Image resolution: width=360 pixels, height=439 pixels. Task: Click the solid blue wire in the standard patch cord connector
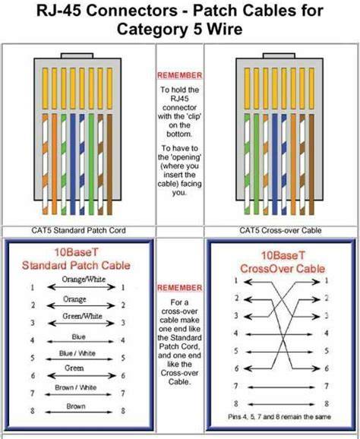[x=73, y=164]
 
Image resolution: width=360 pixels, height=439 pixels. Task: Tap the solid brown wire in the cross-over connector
[x=311, y=164]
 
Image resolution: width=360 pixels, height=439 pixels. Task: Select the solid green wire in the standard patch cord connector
[x=91, y=164]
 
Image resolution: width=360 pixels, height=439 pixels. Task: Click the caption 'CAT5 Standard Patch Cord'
[x=78, y=230]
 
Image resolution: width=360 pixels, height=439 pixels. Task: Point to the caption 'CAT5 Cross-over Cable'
[x=280, y=230]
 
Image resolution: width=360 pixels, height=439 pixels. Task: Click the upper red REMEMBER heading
[x=179, y=75]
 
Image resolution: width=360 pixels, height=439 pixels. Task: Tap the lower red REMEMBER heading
[x=179, y=288]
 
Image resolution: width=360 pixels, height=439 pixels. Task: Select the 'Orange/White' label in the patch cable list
[x=84, y=280]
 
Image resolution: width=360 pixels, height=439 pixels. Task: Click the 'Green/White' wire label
[x=82, y=316]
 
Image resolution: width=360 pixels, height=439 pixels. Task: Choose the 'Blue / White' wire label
[x=77, y=353]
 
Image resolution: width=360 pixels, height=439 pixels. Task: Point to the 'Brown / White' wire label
[x=76, y=387]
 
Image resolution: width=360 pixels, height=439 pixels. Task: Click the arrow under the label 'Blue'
[x=80, y=342]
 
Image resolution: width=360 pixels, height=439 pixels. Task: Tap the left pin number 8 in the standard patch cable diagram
[x=33, y=411]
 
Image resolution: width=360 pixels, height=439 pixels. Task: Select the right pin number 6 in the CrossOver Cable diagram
[x=327, y=368]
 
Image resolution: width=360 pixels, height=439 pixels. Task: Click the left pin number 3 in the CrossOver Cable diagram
[x=236, y=316]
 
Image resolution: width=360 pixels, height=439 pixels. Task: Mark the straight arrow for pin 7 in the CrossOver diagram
[x=281, y=387]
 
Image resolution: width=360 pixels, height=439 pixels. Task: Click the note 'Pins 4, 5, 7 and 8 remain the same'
[x=279, y=417]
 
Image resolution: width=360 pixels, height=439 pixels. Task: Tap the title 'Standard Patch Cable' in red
[x=76, y=265]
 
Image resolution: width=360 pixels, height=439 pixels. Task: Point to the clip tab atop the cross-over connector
[x=279, y=55]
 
